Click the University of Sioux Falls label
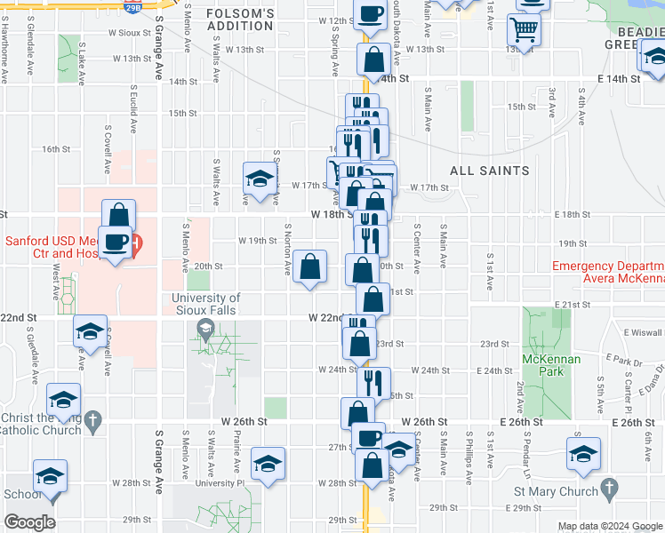(x=205, y=305)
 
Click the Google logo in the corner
(x=29, y=522)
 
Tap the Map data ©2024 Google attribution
(x=610, y=526)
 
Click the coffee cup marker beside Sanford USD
(x=116, y=242)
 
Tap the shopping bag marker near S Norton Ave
(x=309, y=266)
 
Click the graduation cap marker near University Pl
(x=267, y=465)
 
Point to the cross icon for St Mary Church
(x=609, y=489)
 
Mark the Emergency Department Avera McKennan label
(x=608, y=272)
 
